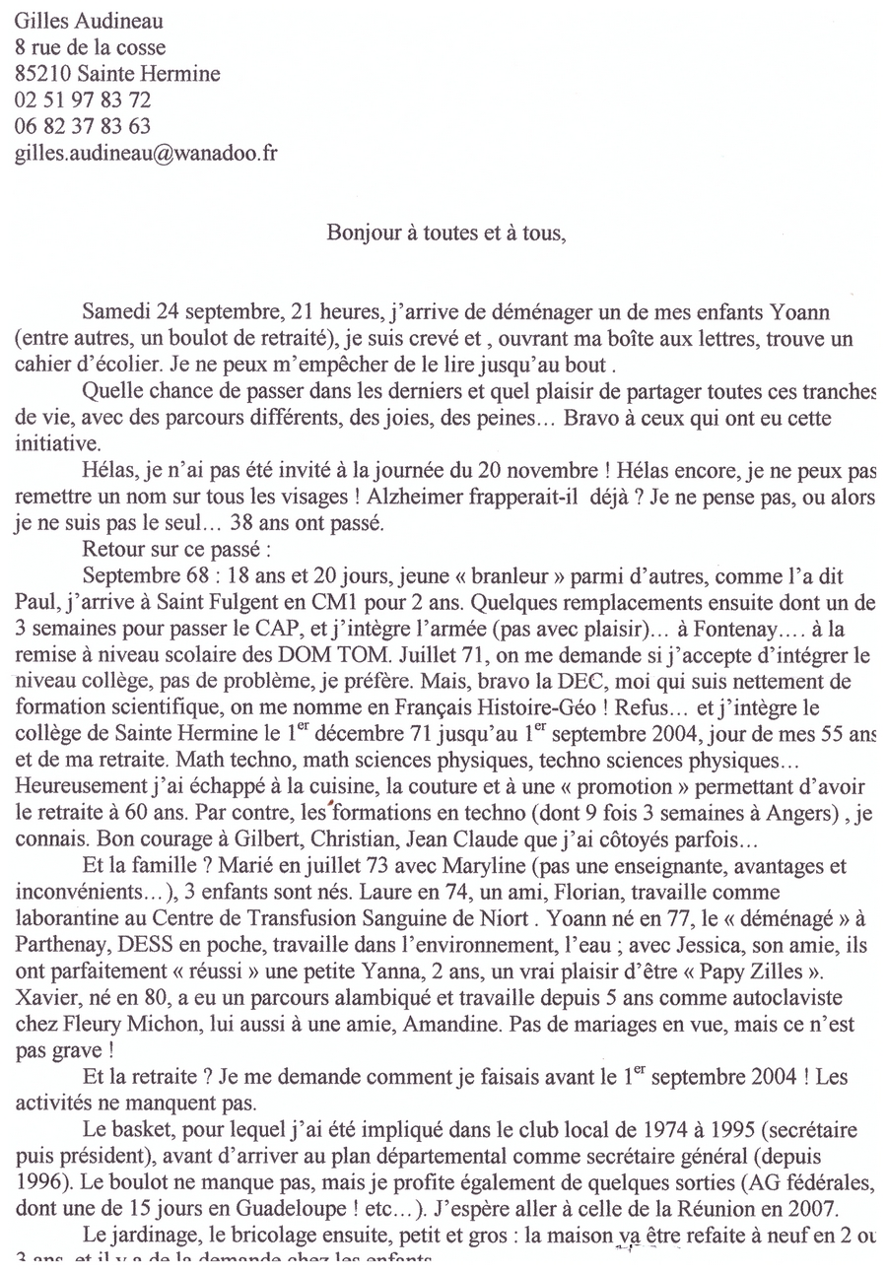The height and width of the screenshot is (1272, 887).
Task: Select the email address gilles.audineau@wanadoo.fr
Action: pos(146,153)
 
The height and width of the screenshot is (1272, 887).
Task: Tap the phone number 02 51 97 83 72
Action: pos(83,100)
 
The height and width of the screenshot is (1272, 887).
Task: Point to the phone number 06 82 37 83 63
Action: pos(83,126)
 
